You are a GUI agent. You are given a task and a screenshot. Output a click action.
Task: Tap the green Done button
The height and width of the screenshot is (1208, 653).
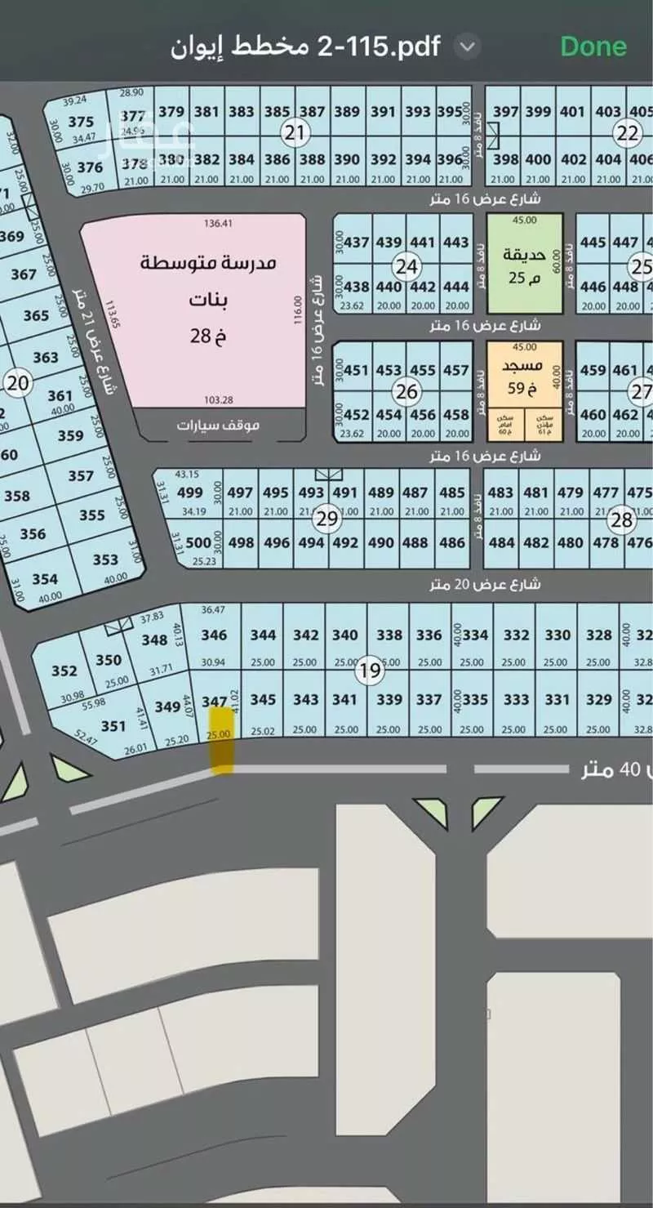pos(593,46)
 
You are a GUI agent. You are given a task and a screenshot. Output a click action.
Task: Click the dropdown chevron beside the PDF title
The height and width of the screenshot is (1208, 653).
pos(467,47)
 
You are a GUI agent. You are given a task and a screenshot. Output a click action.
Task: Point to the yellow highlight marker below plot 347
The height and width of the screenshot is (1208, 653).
pos(221,739)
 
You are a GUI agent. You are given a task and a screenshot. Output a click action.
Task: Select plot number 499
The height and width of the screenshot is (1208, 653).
pos(189,493)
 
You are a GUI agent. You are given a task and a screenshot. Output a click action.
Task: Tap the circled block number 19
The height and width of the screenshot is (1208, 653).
pos(370,671)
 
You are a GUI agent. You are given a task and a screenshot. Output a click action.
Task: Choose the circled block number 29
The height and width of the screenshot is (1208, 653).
pos(327,519)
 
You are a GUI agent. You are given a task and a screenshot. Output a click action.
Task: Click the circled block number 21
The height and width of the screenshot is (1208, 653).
pos(294,131)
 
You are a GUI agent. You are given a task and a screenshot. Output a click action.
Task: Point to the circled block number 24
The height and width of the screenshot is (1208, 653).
pos(406,265)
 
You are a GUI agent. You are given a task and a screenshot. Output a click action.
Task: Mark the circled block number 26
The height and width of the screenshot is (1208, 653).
pos(406,391)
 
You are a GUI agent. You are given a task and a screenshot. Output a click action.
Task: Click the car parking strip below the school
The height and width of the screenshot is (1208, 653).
pos(218,425)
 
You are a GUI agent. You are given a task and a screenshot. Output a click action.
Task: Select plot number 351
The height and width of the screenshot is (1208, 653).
pos(113,725)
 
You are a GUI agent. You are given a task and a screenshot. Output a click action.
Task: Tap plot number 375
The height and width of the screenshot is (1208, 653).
pos(81,122)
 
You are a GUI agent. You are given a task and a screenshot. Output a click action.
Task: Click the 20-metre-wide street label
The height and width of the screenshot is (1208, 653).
pos(486,585)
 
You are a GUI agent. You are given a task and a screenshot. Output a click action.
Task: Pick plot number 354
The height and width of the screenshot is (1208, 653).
pos(45,579)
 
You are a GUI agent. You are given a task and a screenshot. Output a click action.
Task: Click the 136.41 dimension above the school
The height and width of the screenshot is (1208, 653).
pos(218,222)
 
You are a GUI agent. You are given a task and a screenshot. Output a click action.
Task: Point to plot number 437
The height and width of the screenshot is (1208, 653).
pos(357,243)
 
